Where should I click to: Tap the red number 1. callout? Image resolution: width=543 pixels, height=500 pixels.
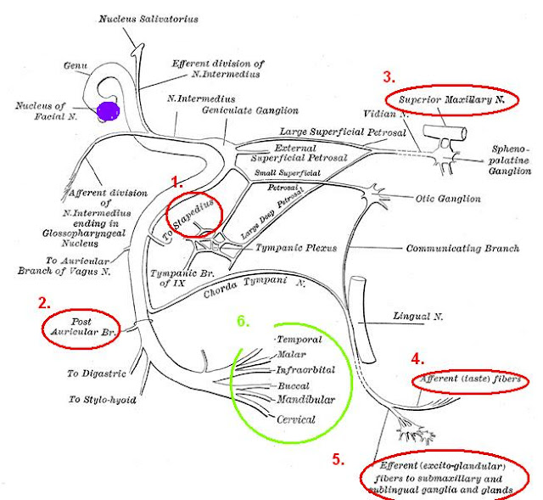click(x=177, y=182)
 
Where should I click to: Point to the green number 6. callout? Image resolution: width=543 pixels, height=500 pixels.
click(x=243, y=322)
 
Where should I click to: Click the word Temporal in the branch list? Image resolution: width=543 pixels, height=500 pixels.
click(x=295, y=339)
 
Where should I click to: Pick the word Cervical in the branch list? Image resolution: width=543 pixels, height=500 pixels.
click(x=295, y=419)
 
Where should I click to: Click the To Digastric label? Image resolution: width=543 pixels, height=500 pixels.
click(x=97, y=372)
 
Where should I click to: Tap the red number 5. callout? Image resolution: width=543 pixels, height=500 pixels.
click(x=339, y=459)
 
